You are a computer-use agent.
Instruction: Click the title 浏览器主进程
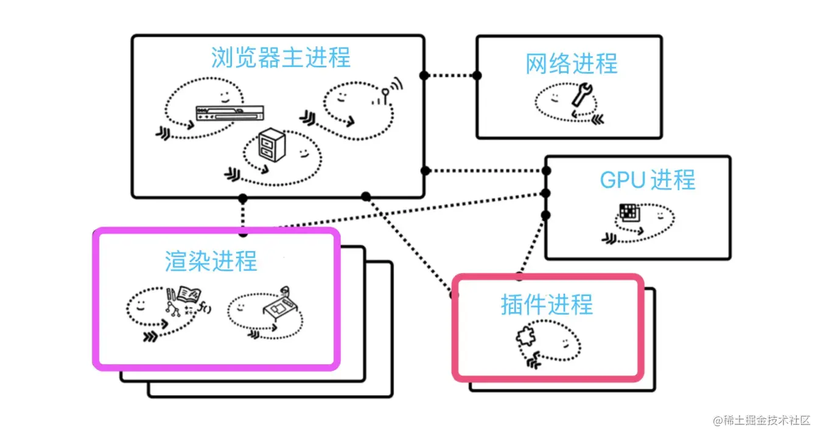point(281,58)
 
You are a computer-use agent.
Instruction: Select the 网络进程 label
point(572,64)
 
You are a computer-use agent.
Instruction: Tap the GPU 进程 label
point(647,180)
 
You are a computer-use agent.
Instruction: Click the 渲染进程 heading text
point(211,261)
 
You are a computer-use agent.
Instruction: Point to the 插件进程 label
point(547,304)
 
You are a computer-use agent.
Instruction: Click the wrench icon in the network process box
point(581,97)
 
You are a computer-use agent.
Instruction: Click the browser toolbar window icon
point(229,112)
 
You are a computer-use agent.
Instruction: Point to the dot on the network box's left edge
point(477,76)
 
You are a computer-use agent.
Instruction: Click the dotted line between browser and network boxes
point(450,76)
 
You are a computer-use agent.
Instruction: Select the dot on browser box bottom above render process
point(243,198)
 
